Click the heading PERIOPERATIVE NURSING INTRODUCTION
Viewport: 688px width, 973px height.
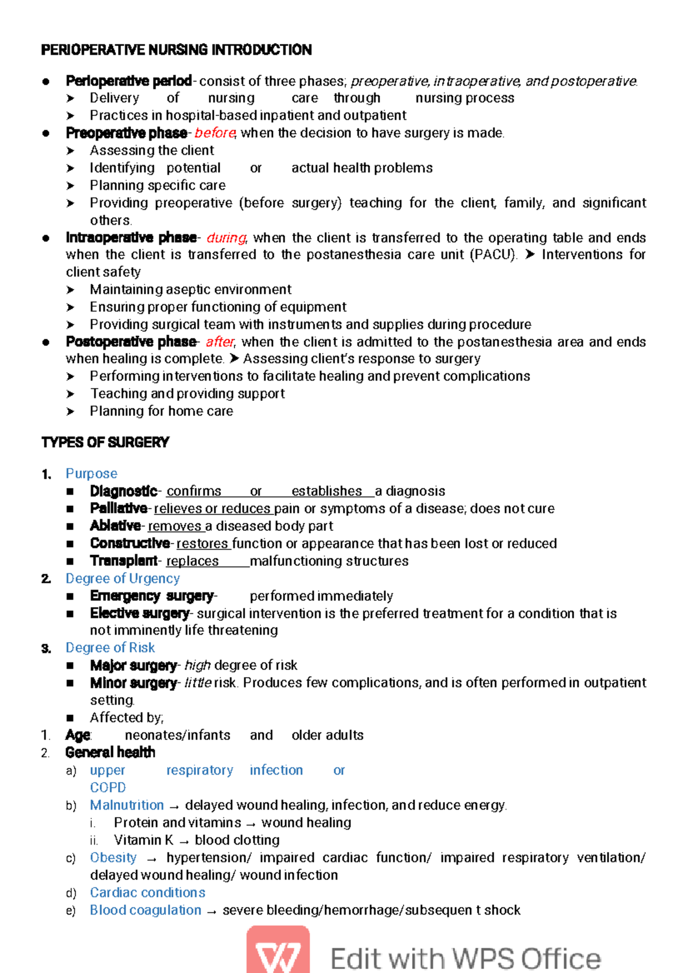(x=176, y=50)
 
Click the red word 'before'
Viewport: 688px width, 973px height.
(x=214, y=133)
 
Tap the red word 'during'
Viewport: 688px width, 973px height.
(x=226, y=238)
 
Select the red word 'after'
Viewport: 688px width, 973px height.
(x=220, y=342)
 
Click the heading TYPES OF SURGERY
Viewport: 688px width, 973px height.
(x=105, y=443)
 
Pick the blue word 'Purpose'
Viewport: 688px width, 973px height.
(x=91, y=474)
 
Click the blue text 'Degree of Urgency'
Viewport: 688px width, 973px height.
(x=122, y=579)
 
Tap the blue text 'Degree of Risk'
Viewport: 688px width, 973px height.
(x=110, y=648)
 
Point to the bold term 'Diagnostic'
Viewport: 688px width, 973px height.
(x=123, y=491)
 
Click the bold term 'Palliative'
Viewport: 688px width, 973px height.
(x=118, y=509)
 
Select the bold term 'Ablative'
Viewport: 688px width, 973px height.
(x=115, y=526)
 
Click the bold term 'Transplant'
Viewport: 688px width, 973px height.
(x=123, y=561)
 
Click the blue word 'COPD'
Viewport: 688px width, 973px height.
(x=108, y=788)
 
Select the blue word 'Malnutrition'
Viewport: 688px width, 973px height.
(x=127, y=805)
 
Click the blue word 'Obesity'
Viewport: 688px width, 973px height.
(x=113, y=858)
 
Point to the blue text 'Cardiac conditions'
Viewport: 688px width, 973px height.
(x=147, y=893)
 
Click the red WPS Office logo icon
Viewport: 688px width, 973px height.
(x=278, y=952)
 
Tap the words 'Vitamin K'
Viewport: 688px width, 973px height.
(x=143, y=840)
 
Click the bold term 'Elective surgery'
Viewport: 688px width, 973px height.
(x=139, y=614)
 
